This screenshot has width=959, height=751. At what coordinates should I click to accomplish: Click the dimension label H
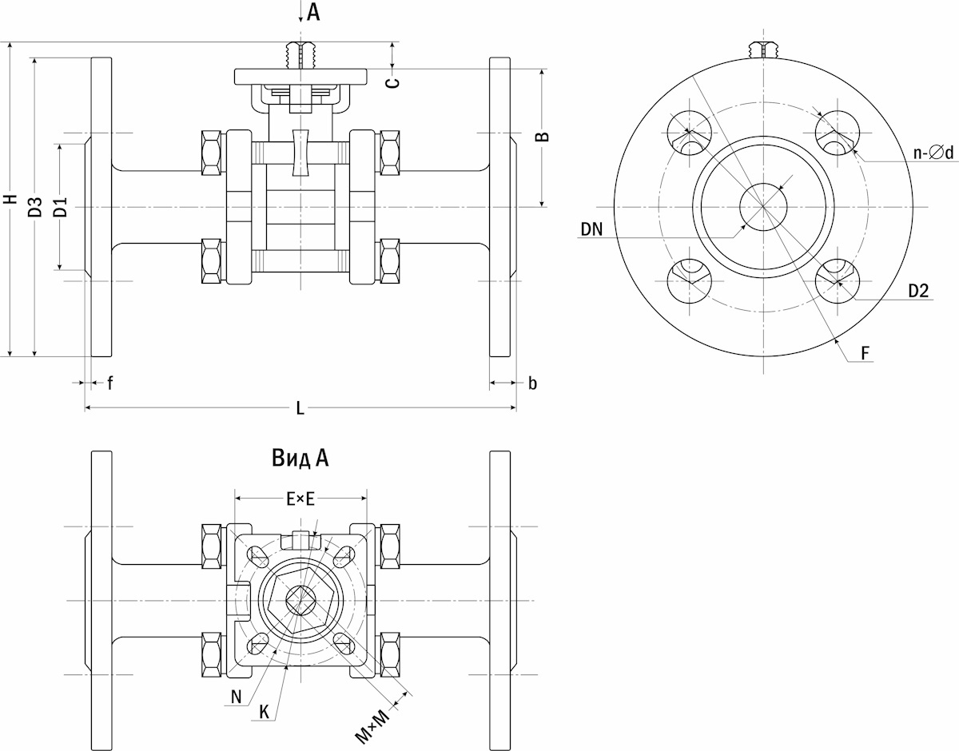pyautogui.click(x=12, y=199)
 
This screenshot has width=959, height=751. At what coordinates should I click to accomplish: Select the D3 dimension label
pyautogui.click(x=36, y=206)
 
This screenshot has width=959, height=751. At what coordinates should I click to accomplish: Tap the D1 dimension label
pyautogui.click(x=61, y=207)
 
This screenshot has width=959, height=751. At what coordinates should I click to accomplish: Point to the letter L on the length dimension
pyautogui.click(x=300, y=409)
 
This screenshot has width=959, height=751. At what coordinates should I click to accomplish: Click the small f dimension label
pyautogui.click(x=110, y=383)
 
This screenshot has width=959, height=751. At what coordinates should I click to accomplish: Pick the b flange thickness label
pyautogui.click(x=533, y=383)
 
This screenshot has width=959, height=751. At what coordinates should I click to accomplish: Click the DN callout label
pyautogui.click(x=592, y=229)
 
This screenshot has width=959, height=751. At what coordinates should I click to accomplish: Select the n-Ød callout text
pyautogui.click(x=933, y=153)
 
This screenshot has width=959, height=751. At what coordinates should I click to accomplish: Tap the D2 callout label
pyautogui.click(x=919, y=291)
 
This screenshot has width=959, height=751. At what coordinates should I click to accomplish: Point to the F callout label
pyautogui.click(x=865, y=353)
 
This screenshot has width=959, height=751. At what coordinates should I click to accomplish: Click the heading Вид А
pyautogui.click(x=300, y=459)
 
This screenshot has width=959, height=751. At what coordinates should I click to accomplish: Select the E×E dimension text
pyautogui.click(x=300, y=499)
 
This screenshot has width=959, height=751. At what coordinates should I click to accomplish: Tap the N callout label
pyautogui.click(x=237, y=697)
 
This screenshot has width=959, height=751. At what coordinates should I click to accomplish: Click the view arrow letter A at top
pyautogui.click(x=313, y=12)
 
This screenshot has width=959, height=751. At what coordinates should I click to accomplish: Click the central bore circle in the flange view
pyautogui.click(x=763, y=207)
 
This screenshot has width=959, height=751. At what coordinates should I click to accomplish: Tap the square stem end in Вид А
pyautogui.click(x=300, y=601)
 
